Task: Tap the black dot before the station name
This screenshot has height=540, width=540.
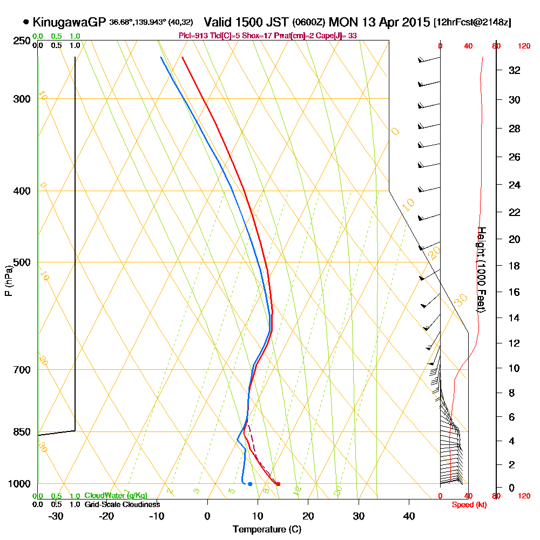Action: coord(26,22)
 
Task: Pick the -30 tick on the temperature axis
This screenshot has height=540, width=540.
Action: coord(56,516)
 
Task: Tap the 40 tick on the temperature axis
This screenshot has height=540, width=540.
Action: coord(409,516)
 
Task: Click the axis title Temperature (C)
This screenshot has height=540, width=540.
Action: coord(267,529)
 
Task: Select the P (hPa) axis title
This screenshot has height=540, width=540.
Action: coord(8,281)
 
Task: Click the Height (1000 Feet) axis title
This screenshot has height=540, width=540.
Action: coord(481,269)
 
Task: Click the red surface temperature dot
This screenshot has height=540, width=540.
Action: coord(278,484)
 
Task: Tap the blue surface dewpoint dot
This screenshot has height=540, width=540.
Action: coord(250,484)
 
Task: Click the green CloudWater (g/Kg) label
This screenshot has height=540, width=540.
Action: coord(116,496)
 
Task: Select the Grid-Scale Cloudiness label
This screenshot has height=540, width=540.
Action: coord(122,504)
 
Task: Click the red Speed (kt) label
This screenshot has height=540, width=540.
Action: coord(467,504)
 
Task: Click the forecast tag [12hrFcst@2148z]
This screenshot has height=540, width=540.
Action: coord(473,23)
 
